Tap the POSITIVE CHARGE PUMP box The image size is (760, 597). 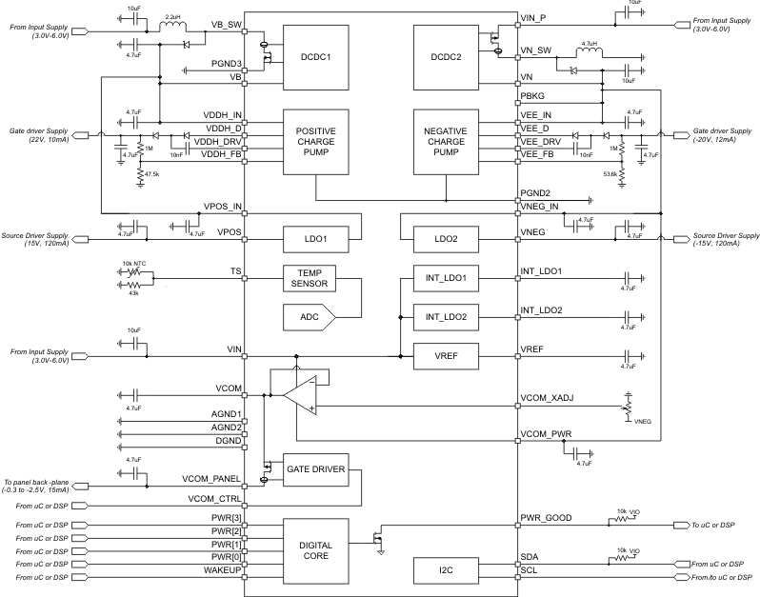tap(316, 141)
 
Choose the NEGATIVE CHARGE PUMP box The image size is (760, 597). tap(444, 141)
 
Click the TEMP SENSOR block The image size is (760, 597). tap(309, 278)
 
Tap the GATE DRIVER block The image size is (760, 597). tap(316, 468)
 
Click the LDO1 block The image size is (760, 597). tap(316, 236)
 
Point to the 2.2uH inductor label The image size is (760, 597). tap(172, 16)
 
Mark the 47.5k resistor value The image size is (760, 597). tap(150, 173)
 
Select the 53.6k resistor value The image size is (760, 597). tap(610, 173)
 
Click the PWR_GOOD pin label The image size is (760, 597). tap(545, 518)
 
